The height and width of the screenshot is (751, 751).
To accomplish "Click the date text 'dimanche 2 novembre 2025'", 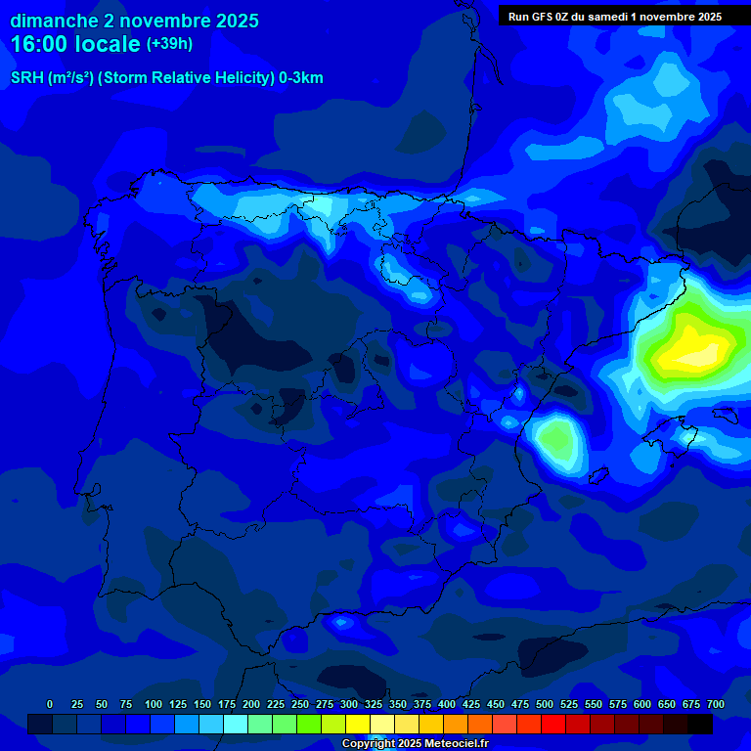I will [134, 21].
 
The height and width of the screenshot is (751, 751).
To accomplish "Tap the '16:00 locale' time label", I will [75, 44].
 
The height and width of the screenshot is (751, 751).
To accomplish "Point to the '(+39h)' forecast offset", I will [169, 43].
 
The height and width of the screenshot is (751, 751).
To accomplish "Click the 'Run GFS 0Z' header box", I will [615, 16].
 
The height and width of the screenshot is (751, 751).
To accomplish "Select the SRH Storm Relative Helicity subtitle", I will [166, 78].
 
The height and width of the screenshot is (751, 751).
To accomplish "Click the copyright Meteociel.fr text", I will [415, 744].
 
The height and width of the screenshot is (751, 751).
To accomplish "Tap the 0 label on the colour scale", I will [50, 704].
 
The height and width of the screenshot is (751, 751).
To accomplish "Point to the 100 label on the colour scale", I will [153, 704].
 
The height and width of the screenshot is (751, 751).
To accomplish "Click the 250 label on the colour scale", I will [299, 704].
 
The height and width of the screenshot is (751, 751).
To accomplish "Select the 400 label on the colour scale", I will [447, 704].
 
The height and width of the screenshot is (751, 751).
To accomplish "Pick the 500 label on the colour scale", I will [545, 704].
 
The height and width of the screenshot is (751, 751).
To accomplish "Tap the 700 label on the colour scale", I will [715, 704].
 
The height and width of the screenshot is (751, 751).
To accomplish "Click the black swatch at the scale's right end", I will [700, 724].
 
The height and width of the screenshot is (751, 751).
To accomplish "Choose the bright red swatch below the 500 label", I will [553, 724].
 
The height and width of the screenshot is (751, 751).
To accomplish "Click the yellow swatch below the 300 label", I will [358, 724].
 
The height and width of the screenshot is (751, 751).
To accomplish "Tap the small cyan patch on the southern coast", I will [342, 622].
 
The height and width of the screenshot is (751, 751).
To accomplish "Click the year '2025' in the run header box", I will [703, 16].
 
